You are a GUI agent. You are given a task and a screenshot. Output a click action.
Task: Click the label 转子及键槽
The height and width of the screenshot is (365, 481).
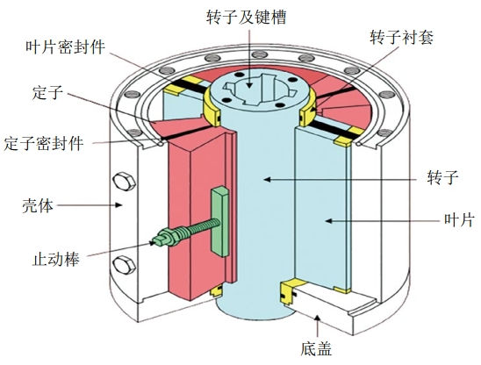247,18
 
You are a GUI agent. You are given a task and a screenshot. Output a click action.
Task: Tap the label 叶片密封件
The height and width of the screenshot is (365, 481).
65,47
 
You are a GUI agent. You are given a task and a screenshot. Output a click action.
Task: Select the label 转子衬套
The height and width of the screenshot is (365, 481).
401,38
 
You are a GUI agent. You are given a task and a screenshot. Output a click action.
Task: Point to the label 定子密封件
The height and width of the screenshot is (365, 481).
44,143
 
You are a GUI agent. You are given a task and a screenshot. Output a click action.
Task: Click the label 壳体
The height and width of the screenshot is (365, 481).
38,205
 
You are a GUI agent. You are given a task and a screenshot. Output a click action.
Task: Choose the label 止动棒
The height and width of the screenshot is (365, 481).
56,259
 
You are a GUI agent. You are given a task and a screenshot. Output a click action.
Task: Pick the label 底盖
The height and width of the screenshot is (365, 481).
316,348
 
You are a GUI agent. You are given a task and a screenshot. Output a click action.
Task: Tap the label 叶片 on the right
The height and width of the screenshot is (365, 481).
459,220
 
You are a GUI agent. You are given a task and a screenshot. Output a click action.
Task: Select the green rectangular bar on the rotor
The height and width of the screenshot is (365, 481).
219,221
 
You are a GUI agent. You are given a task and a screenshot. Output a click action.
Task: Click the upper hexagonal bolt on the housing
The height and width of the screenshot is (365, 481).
124,182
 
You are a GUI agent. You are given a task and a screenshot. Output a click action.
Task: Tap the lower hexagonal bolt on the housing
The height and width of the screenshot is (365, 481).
124,265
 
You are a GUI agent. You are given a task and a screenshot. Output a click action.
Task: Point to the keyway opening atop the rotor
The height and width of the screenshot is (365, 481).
260,89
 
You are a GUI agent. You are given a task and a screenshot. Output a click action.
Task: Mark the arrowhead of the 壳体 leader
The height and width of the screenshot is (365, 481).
119,204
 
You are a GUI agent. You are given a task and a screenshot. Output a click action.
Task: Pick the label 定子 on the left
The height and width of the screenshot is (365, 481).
47,92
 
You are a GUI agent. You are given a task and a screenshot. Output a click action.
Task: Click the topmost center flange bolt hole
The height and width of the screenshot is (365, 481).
260,55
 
